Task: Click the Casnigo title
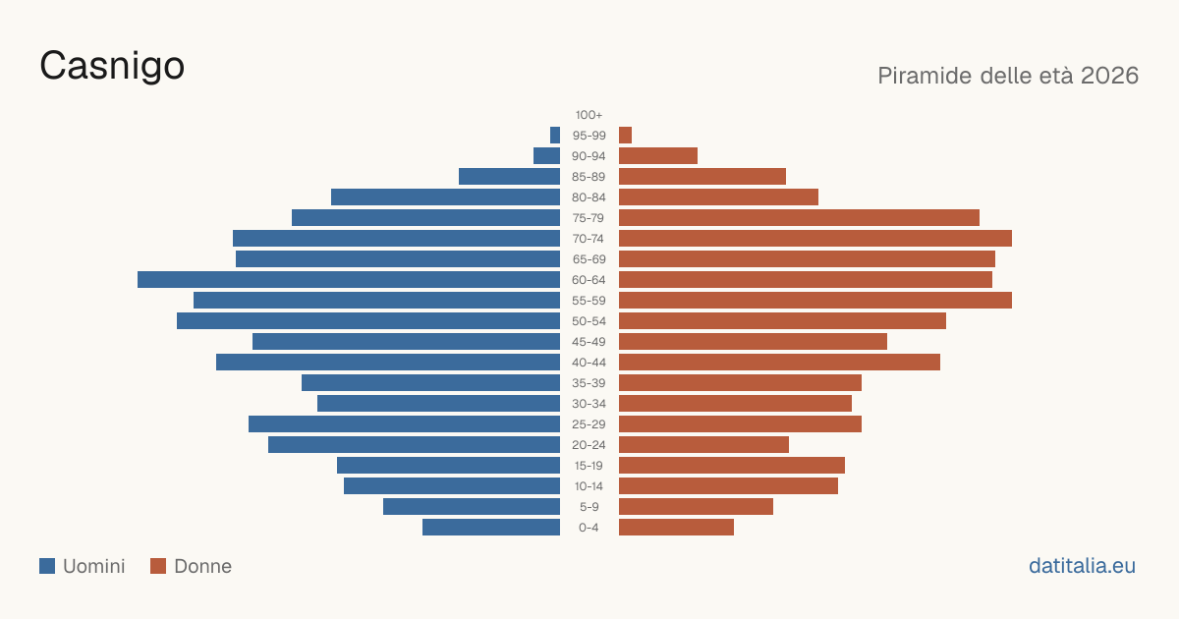[112, 66]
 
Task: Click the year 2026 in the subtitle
[1109, 76]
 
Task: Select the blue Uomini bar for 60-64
[349, 279]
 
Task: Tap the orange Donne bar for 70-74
[815, 239]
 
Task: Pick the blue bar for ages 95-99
[555, 136]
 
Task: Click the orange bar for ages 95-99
[625, 136]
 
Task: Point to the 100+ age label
[589, 115]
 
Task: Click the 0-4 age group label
[589, 528]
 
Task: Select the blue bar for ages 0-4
[491, 528]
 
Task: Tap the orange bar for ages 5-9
[696, 507]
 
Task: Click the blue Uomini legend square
[47, 566]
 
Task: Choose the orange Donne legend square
[158, 566]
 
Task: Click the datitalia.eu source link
[1082, 566]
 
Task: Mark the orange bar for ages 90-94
[658, 156]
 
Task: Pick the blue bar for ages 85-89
[510, 176]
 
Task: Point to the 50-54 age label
[589, 321]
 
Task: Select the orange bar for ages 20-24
[703, 445]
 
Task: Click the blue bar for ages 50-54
[368, 321]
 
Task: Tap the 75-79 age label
[589, 218]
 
